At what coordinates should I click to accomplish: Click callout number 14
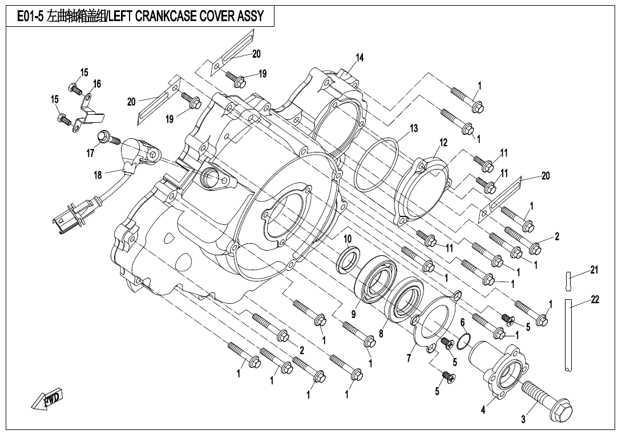pos(360,58)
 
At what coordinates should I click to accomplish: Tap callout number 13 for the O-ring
pos(414,128)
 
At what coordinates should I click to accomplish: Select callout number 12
pos(443,142)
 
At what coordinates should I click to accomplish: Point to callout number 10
pos(348,238)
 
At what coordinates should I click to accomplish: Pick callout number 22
pos(595,300)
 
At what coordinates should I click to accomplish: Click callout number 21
pos(594,270)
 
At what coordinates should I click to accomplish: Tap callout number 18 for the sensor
pos(98,175)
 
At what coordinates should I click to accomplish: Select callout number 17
pos(91,153)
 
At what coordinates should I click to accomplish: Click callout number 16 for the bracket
pos(97,84)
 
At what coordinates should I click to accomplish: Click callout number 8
pos(381,333)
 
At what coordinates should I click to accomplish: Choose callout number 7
pos(409,358)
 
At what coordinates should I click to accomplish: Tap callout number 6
pos(462,323)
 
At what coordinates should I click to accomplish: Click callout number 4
pos(483,409)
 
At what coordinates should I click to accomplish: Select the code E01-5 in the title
pos(31,16)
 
